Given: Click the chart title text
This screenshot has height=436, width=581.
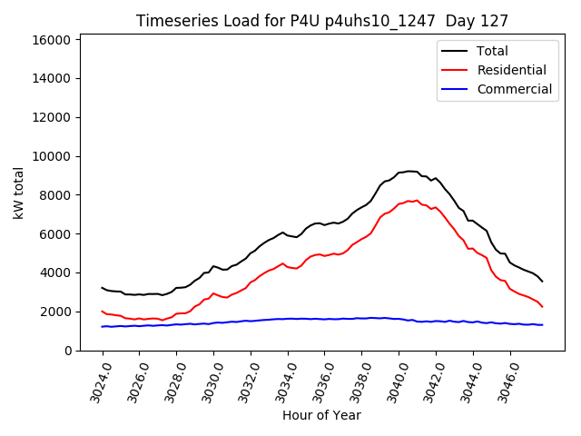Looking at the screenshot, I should click(322, 21).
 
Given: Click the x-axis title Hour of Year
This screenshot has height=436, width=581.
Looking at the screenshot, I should click(321, 415).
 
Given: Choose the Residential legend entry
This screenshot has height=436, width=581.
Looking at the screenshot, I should click(511, 70).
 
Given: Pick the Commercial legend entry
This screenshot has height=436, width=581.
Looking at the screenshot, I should click(514, 89).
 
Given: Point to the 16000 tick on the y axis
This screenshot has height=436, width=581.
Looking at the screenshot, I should click(52, 40).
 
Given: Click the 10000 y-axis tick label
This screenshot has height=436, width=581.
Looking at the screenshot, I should click(52, 156).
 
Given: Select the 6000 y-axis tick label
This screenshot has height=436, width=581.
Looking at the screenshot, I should click(55, 233).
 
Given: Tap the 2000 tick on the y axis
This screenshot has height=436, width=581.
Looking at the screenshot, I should click(55, 312).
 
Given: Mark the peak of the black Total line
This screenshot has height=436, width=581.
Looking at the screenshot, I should click(409, 171).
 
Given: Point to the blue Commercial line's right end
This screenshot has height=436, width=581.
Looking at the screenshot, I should click(542, 324).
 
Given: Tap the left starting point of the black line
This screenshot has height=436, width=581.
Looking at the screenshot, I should click(103, 288).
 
